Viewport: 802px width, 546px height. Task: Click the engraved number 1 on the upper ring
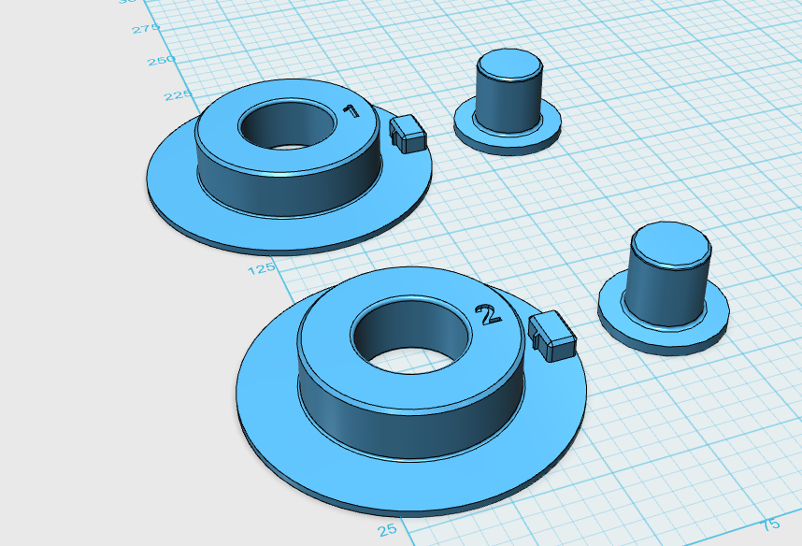351,111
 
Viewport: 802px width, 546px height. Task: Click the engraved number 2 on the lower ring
488,316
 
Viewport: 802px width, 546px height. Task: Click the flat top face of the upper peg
509,65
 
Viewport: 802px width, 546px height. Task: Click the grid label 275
146,30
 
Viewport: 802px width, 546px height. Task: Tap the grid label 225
178,95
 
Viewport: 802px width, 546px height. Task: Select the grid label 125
261,268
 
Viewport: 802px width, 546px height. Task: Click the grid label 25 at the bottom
387,530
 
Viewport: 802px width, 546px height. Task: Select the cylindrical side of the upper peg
508,103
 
